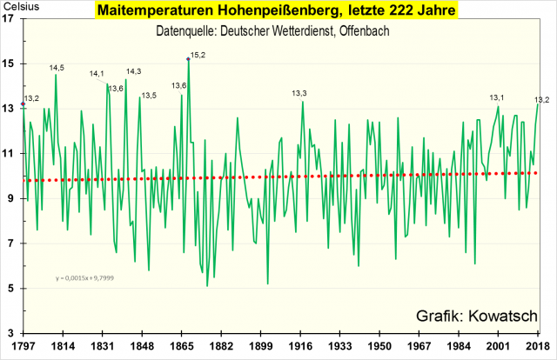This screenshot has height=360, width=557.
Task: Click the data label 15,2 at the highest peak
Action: tap(198, 55)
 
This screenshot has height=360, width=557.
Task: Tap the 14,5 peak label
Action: tap(57, 68)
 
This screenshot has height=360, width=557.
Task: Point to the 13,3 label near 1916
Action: tap(299, 93)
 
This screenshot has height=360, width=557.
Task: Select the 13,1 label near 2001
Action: tap(498, 98)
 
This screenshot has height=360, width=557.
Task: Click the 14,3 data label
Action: tap(133, 71)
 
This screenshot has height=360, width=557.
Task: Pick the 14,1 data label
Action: tap(97, 74)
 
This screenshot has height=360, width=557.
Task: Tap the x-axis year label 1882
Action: tap(220, 347)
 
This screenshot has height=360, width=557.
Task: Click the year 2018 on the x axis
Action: tap(537, 347)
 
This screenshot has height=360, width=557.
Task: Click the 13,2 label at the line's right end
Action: tap(541, 99)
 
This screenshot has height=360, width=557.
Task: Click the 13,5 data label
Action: tap(148, 96)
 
